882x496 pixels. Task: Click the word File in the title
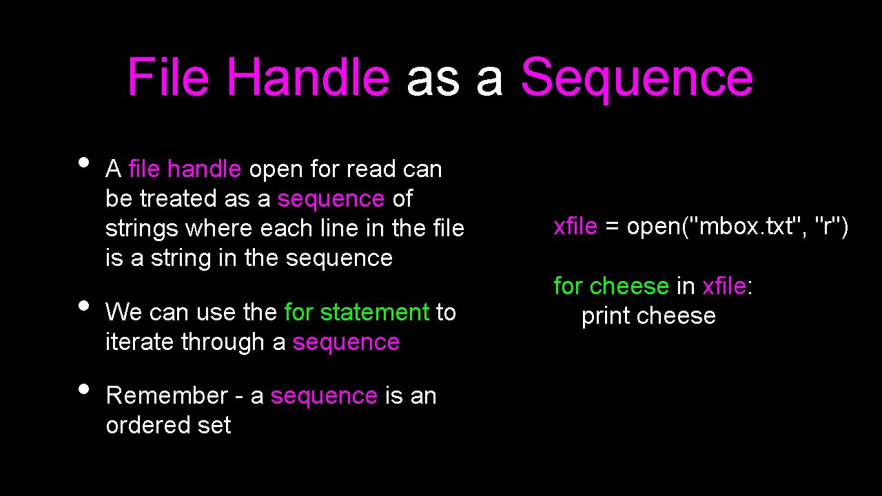click(x=168, y=77)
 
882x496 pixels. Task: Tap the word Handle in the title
click(x=308, y=77)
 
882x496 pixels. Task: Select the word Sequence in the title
click(x=637, y=77)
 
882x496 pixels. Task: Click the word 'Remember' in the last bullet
click(x=167, y=395)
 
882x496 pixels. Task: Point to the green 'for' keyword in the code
click(x=568, y=286)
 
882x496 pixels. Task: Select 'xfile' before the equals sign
click(x=575, y=226)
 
